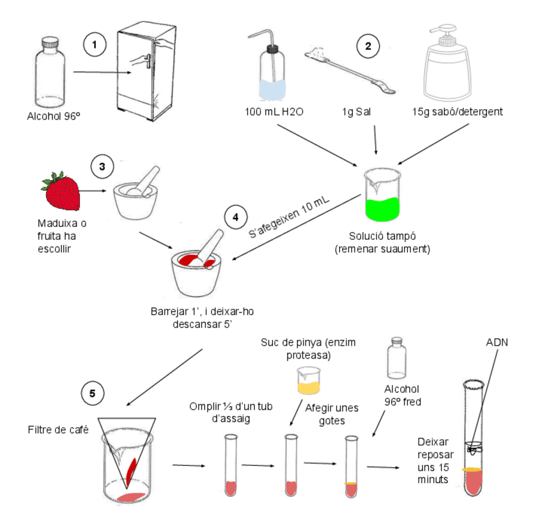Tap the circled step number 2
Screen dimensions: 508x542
pos(368,45)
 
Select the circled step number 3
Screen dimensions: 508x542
pos(102,165)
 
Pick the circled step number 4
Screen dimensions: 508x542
pos(235,217)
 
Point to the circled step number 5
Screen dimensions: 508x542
pos(93,393)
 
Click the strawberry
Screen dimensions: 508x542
pos(61,190)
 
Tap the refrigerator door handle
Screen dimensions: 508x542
pos(148,62)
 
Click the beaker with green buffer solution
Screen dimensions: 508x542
pos(382,195)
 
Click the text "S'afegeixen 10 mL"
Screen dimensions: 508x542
pos(290,218)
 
